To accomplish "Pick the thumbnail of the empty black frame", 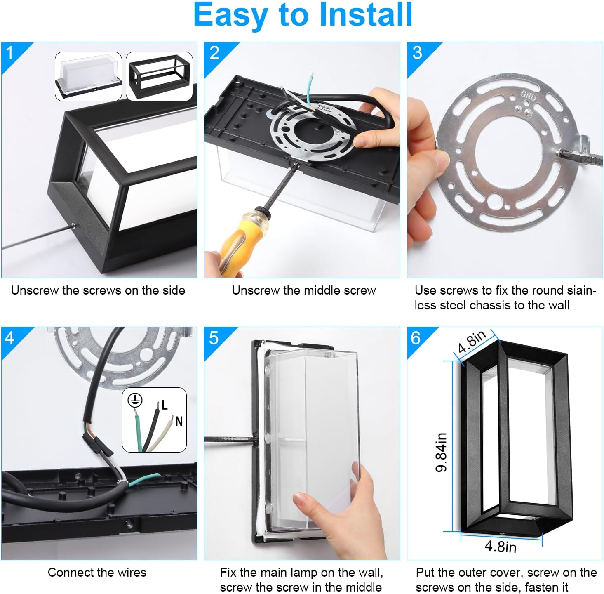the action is [159, 76].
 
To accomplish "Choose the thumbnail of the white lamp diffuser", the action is [88, 76].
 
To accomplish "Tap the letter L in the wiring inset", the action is [164, 405].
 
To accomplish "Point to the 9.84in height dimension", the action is [441, 452].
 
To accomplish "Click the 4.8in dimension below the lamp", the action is [500, 547].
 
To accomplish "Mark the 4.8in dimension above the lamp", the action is [472, 342].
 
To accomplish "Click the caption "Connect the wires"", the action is [97, 573].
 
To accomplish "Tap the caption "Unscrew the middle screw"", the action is [303, 290].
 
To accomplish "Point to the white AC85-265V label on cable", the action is [325, 109].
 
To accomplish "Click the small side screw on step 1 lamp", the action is [73, 224].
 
